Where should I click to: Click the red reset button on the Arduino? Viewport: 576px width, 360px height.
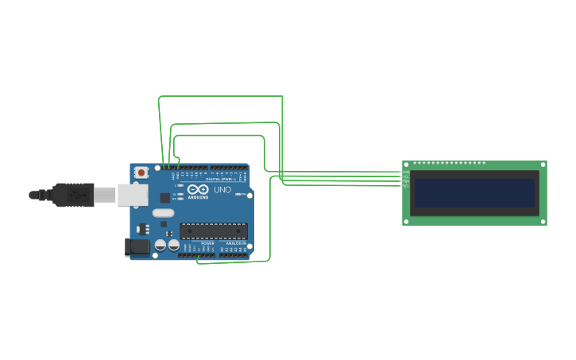(141, 172)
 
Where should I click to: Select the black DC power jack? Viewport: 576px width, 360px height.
(137, 247)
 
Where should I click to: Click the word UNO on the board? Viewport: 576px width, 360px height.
(222, 190)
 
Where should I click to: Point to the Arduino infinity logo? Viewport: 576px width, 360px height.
(199, 190)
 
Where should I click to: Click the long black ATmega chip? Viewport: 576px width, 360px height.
(213, 231)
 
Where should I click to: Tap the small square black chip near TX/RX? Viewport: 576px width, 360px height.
(164, 197)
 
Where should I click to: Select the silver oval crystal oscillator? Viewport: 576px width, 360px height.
(163, 212)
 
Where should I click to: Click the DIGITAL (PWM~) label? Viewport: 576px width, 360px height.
(221, 180)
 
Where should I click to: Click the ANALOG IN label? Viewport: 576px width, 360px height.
(235, 243)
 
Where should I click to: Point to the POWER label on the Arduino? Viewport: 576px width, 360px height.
(207, 243)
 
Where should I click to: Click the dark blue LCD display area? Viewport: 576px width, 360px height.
(474, 192)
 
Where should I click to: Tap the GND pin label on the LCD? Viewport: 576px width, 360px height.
(406, 172)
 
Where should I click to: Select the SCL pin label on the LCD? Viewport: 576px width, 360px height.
(406, 186)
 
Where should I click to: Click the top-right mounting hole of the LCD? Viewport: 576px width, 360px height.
(543, 165)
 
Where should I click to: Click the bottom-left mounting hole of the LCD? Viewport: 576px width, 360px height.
(407, 221)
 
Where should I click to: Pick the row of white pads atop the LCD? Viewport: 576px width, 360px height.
(449, 163)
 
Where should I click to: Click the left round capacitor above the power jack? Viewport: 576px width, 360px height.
(160, 246)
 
